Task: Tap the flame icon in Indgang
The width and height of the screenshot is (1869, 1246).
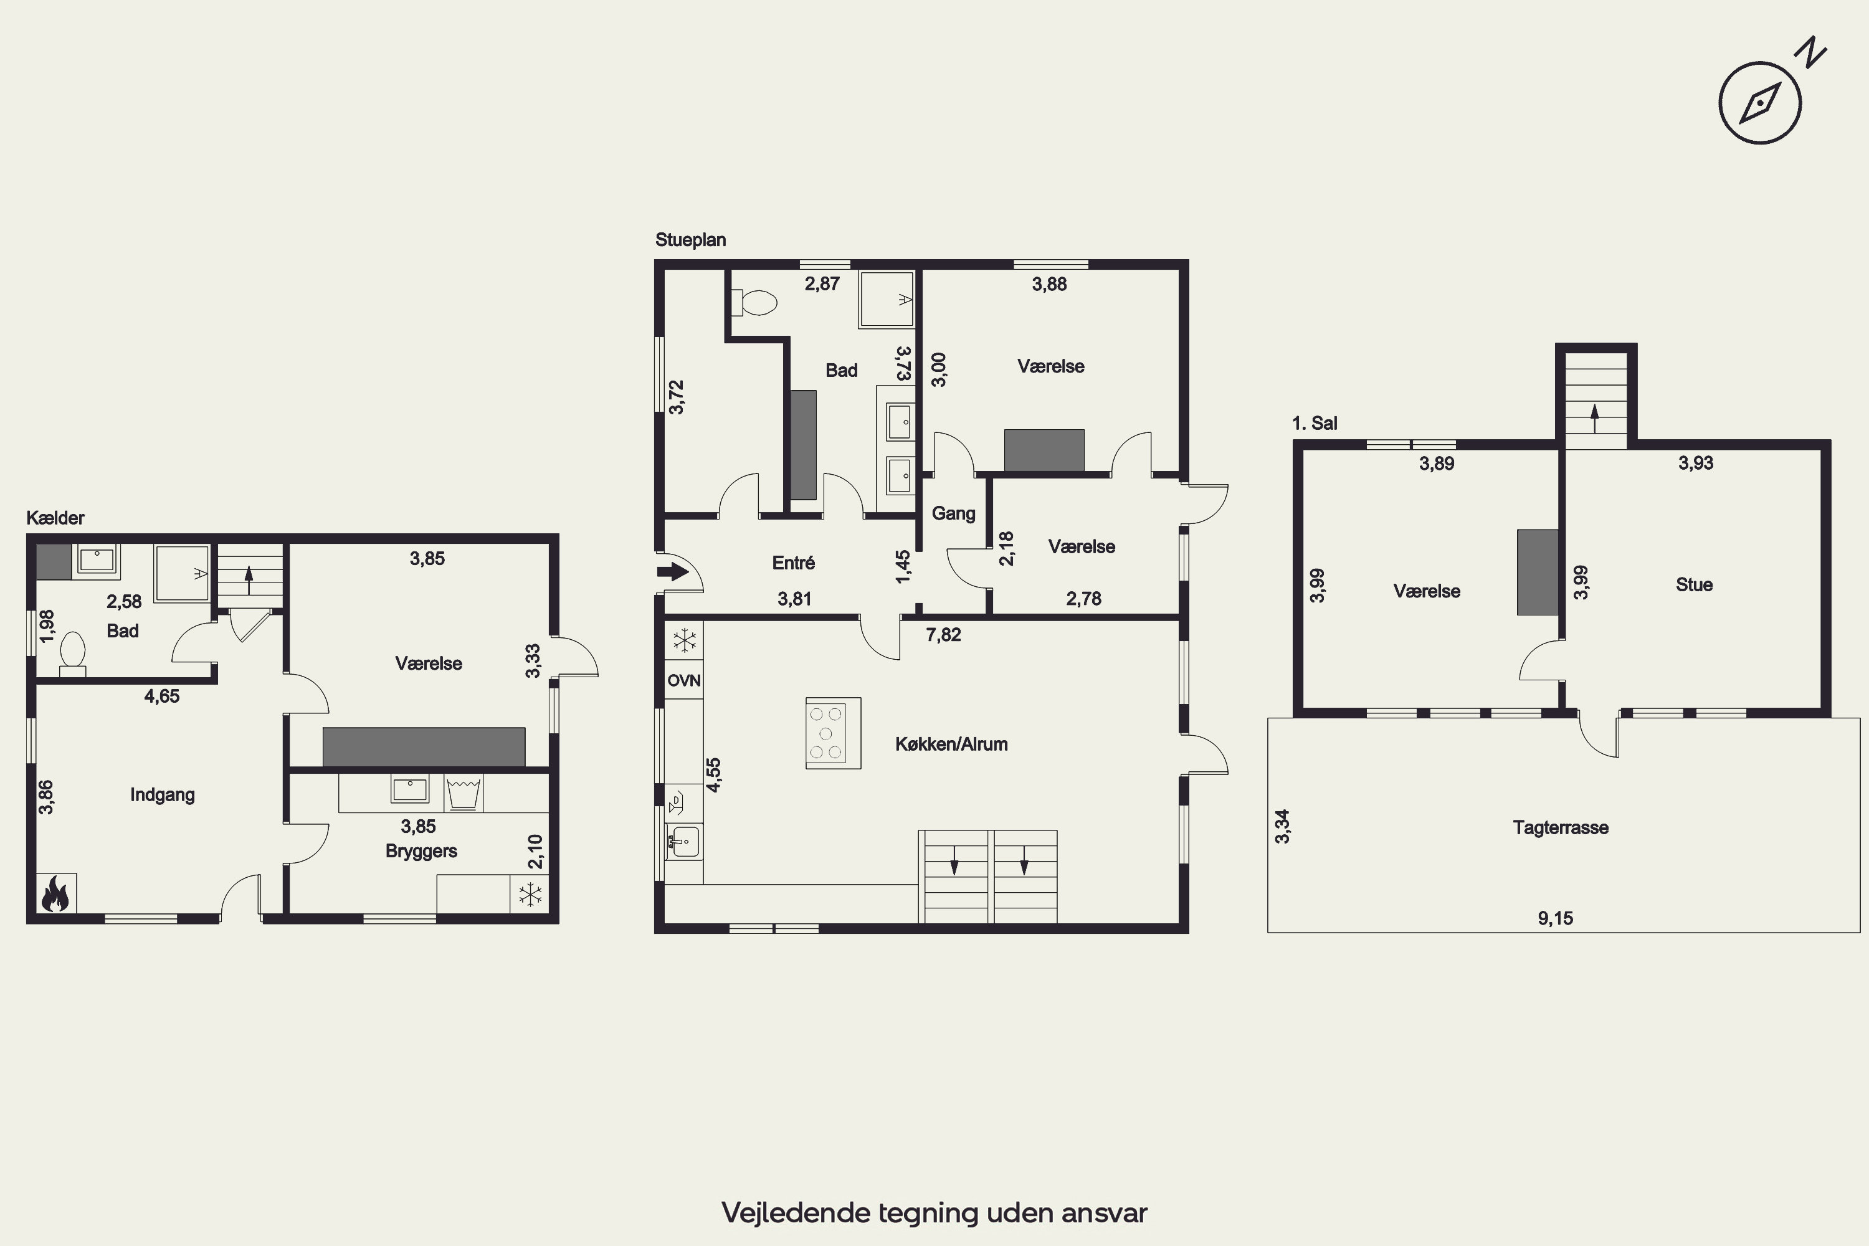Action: point(55,893)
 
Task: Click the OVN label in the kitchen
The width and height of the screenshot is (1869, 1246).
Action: point(683,680)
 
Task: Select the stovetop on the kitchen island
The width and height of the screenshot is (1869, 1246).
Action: point(833,733)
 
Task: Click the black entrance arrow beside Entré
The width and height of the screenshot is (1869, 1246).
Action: point(673,571)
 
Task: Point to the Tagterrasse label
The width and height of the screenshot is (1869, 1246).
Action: point(1561,827)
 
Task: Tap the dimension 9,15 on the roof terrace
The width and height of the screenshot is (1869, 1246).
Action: point(1555,918)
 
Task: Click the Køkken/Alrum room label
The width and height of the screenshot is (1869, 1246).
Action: point(951,744)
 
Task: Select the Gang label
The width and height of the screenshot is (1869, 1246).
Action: point(953,513)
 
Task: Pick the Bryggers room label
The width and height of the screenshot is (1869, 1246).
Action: point(421,851)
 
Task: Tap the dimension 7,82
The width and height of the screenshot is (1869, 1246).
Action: point(943,634)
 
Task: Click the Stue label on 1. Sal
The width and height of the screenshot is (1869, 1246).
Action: point(1694,585)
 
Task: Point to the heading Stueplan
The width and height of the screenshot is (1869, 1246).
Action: point(690,240)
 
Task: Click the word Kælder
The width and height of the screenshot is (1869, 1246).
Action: point(55,518)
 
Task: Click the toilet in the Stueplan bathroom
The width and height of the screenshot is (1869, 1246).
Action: point(753,302)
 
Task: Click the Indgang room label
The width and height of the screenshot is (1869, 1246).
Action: point(162,795)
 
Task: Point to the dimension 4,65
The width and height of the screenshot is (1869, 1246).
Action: point(161,696)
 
